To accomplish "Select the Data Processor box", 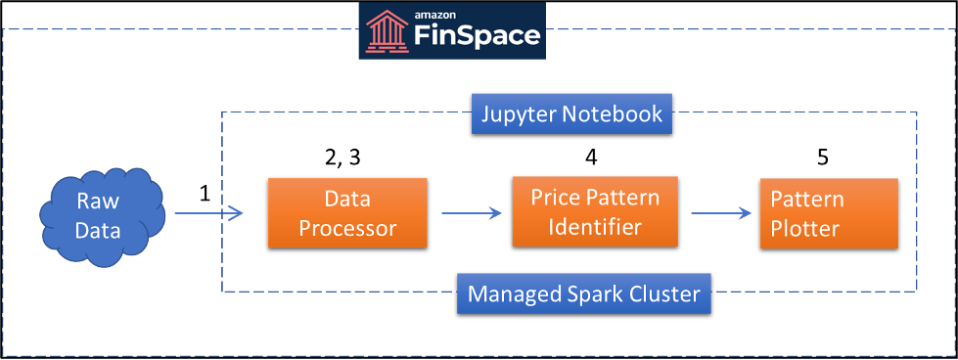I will coord(347,212).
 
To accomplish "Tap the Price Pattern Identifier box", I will coord(595,211).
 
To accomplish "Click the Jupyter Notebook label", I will coord(571,114).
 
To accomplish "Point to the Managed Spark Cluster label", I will coord(584,293).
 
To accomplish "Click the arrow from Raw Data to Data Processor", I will coord(207,212).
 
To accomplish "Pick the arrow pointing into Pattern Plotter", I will coord(722,212).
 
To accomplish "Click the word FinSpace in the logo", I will coord(477,37).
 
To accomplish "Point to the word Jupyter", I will coord(518,114).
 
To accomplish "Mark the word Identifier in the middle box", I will coord(595,227).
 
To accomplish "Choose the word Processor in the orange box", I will coord(347,229).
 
